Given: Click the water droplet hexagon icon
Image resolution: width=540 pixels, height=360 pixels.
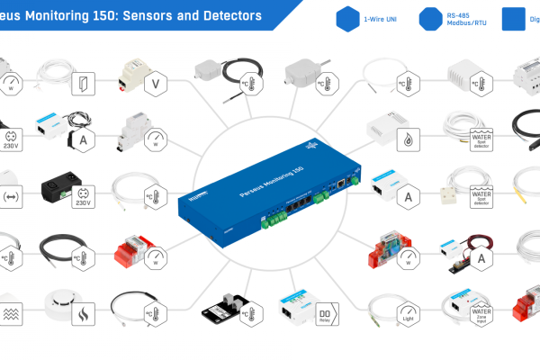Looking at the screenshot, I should tap(410, 139).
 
